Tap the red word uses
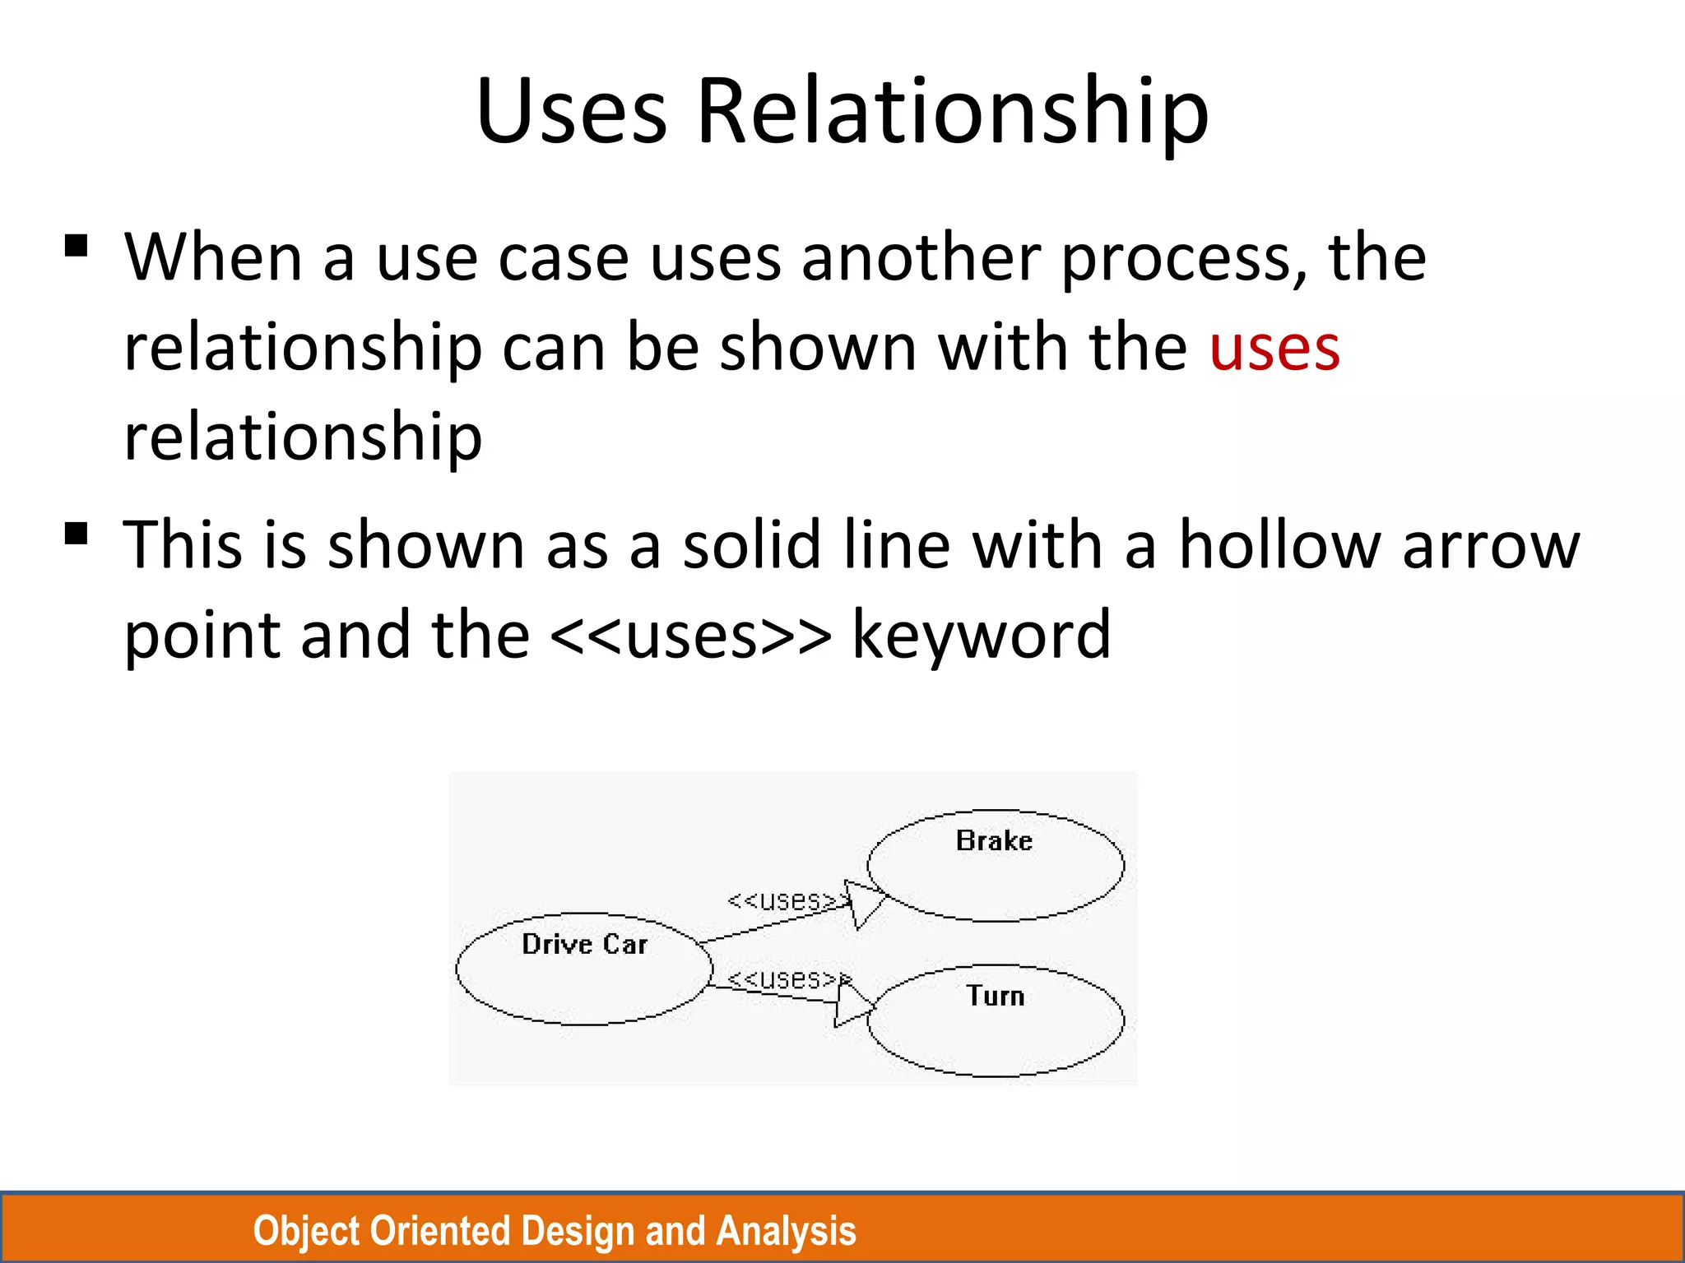[1274, 349]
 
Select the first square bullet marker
[76, 247]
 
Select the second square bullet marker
[76, 534]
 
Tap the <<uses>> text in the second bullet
[690, 636]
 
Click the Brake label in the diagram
[994, 840]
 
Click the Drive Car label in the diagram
[584, 944]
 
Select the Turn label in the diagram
[995, 996]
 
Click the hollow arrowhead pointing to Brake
[864, 903]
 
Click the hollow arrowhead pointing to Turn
[851, 1004]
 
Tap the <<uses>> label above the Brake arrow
[786, 900]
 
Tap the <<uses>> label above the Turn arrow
[786, 978]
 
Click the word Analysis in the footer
[786, 1231]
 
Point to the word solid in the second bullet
[751, 544]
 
